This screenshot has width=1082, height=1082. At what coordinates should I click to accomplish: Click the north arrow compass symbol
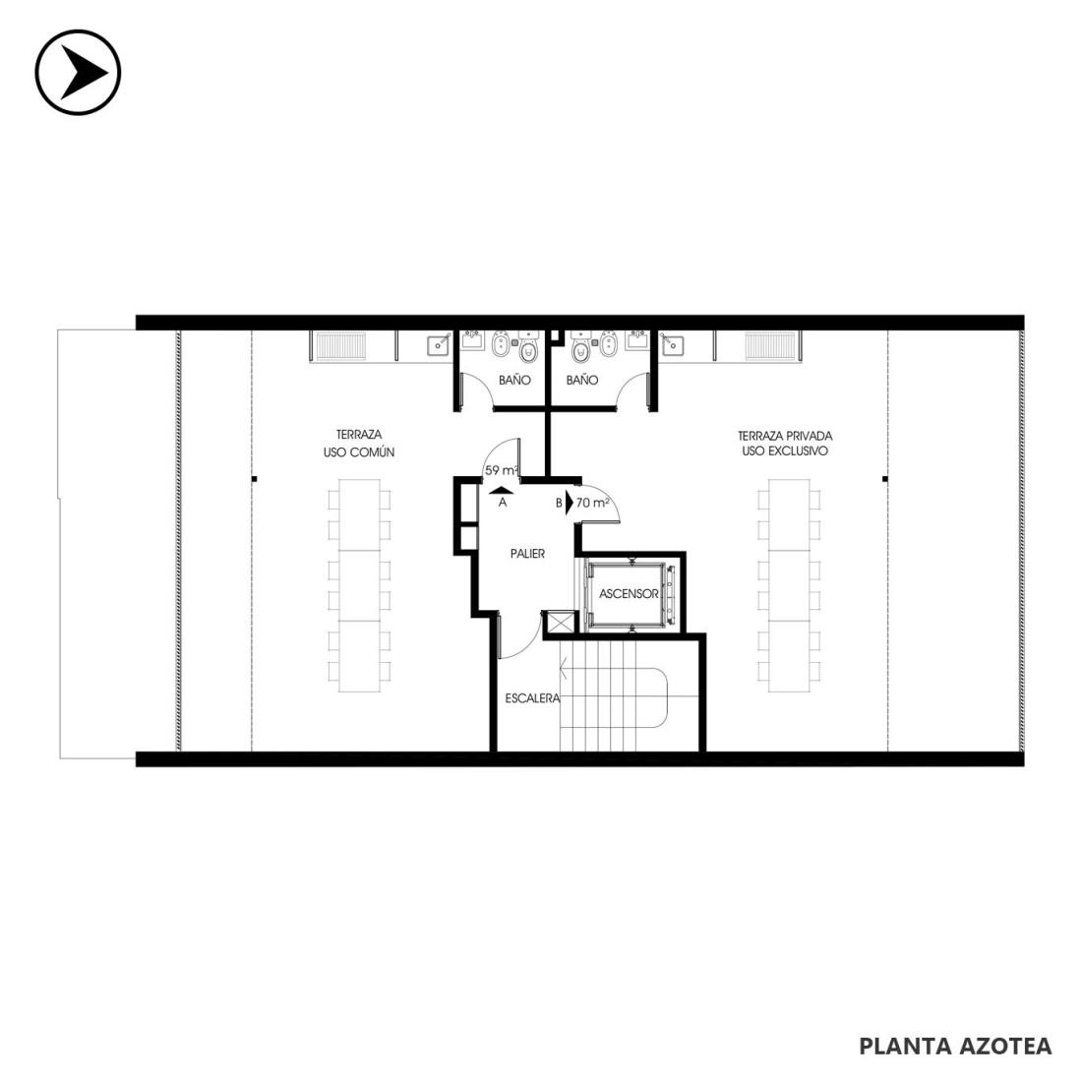click(78, 72)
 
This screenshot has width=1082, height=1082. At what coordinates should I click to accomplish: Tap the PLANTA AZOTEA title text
click(955, 1046)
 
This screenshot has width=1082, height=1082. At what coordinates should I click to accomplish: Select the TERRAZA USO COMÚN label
click(359, 444)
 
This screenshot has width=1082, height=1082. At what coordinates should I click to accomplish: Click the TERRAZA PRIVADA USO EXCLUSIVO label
click(785, 444)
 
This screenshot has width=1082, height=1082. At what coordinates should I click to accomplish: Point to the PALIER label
click(528, 554)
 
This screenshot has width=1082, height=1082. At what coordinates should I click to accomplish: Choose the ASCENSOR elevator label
click(629, 593)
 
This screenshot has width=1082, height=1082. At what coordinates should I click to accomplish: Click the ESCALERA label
click(533, 698)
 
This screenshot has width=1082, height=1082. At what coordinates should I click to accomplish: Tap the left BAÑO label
click(514, 380)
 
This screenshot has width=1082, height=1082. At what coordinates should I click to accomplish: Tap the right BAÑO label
click(582, 380)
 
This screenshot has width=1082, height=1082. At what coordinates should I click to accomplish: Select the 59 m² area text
click(502, 470)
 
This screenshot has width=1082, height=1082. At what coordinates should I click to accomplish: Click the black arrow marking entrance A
click(502, 490)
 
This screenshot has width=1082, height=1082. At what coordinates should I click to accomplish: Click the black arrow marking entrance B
click(570, 503)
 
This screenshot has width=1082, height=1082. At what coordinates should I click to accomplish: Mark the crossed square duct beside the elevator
click(558, 623)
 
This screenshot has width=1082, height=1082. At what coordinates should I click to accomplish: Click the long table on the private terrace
click(790, 586)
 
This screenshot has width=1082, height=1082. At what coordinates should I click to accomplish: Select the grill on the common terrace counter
click(338, 343)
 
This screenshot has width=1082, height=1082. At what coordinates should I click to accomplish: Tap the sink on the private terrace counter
click(670, 343)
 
